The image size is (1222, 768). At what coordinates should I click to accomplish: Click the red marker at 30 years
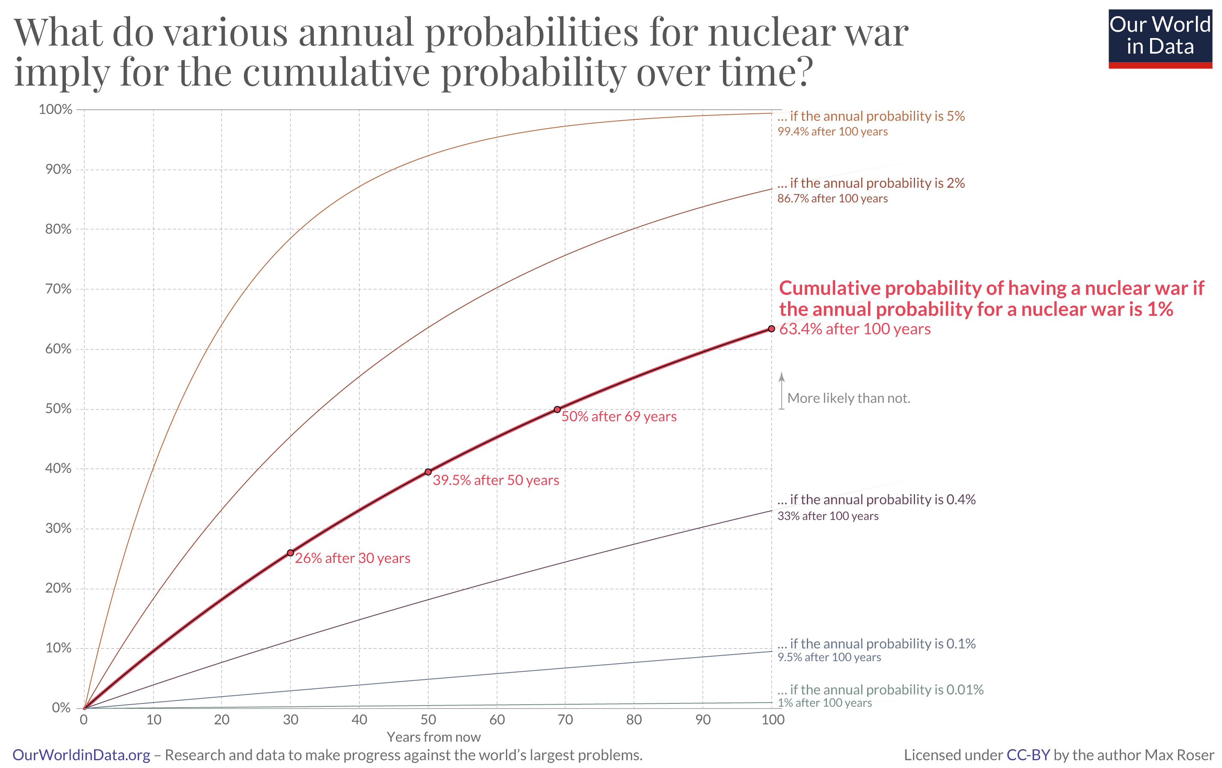[290, 552]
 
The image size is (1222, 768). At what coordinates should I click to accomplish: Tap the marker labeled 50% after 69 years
[557, 409]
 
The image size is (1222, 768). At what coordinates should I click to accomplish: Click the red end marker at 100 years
[771, 329]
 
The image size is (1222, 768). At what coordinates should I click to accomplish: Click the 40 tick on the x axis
[359, 719]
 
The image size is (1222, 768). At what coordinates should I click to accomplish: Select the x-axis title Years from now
[434, 737]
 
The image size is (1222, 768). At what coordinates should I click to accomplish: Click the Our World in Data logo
[1160, 39]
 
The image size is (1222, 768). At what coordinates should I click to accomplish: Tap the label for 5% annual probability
[871, 116]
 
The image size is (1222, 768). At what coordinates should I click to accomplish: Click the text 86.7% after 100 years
[832, 199]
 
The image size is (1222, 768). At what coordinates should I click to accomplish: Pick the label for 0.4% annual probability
[876, 500]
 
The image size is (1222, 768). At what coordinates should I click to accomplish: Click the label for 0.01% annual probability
[880, 689]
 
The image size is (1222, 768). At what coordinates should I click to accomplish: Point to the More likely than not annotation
[848, 398]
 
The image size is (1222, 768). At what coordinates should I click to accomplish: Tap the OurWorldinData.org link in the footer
[81, 755]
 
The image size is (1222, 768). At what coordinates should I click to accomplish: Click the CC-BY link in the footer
[1028, 755]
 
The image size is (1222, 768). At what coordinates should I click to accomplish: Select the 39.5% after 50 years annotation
[496, 480]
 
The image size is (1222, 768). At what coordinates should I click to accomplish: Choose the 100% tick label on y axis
[55, 109]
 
